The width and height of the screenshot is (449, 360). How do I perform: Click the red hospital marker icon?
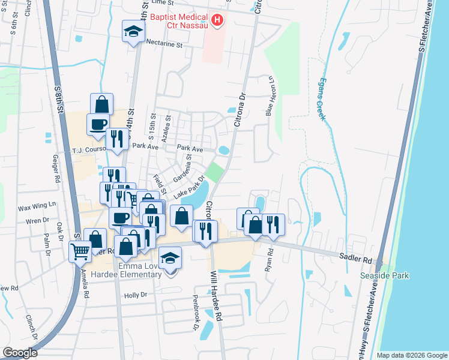pos(217,21)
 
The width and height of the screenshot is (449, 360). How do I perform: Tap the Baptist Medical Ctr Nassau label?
pos(179,21)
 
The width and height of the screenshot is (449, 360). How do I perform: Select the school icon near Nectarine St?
pos(133,32)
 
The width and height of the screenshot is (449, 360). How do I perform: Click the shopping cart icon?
pos(80,251)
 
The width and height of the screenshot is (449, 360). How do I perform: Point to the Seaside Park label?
pos(384,275)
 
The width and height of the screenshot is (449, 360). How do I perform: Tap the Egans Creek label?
pos(322,99)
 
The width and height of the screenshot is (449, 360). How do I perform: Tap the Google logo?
pos(20,352)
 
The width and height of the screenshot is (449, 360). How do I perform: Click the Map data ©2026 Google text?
pos(411,355)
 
